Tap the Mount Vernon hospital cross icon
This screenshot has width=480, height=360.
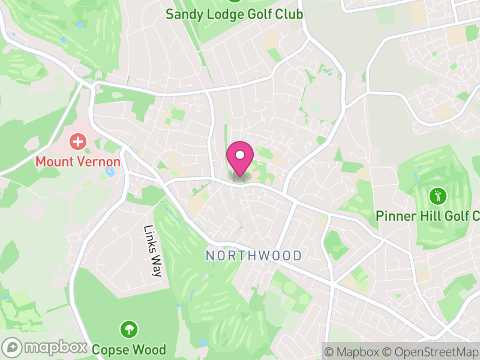tap(77, 142)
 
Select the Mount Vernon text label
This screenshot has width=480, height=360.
tap(77, 161)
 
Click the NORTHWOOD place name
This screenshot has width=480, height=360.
tap(254, 256)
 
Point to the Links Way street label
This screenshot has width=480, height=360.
tap(153, 251)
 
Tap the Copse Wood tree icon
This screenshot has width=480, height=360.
tap(128, 329)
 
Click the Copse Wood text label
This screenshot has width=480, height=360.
tap(128, 348)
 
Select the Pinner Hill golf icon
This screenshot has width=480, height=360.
tap(437, 196)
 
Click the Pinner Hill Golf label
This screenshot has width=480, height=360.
tap(427, 215)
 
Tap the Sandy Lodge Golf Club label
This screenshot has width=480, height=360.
tap(234, 14)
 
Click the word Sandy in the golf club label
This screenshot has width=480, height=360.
tap(183, 14)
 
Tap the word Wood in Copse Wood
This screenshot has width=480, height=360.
tap(149, 348)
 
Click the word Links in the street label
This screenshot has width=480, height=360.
tap(149, 238)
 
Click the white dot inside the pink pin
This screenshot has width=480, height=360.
tap(240, 155)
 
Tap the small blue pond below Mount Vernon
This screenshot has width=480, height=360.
tap(110, 173)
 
